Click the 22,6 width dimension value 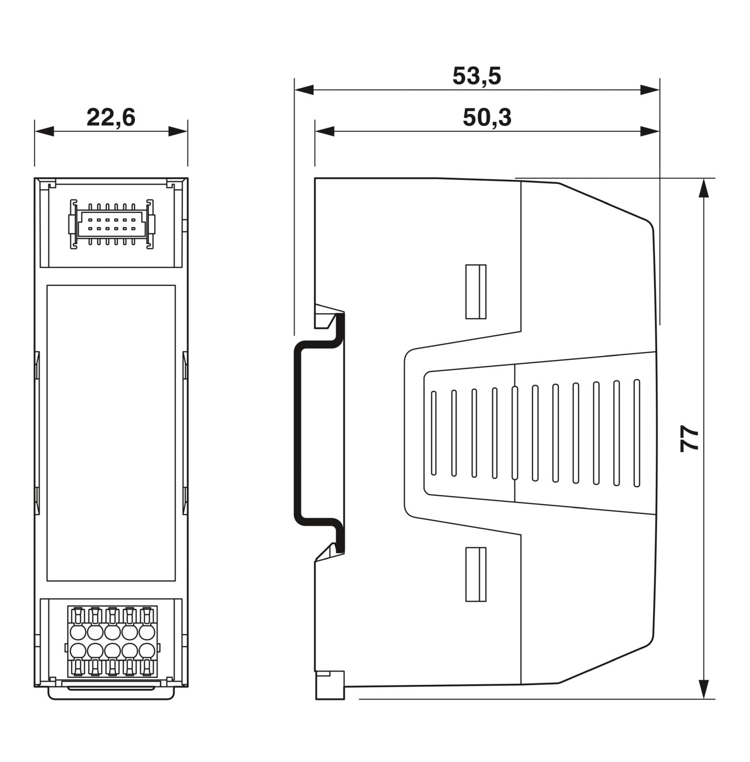[x=111, y=117]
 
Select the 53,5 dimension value [x=476, y=76]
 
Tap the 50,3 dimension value [x=487, y=117]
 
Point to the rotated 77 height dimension [x=690, y=439]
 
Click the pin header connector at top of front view [x=112, y=224]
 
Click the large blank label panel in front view [x=111, y=433]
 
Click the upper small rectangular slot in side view [x=476, y=292]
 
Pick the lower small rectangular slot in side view [x=476, y=574]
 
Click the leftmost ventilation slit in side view [x=434, y=433]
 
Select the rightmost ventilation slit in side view [x=637, y=433]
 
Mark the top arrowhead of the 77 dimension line [x=703, y=188]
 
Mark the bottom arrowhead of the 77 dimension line [x=703, y=689]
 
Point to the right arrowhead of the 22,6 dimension [x=178, y=132]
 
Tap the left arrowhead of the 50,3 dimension [x=324, y=132]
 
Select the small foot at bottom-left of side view [x=330, y=685]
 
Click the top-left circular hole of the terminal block [x=78, y=632]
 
